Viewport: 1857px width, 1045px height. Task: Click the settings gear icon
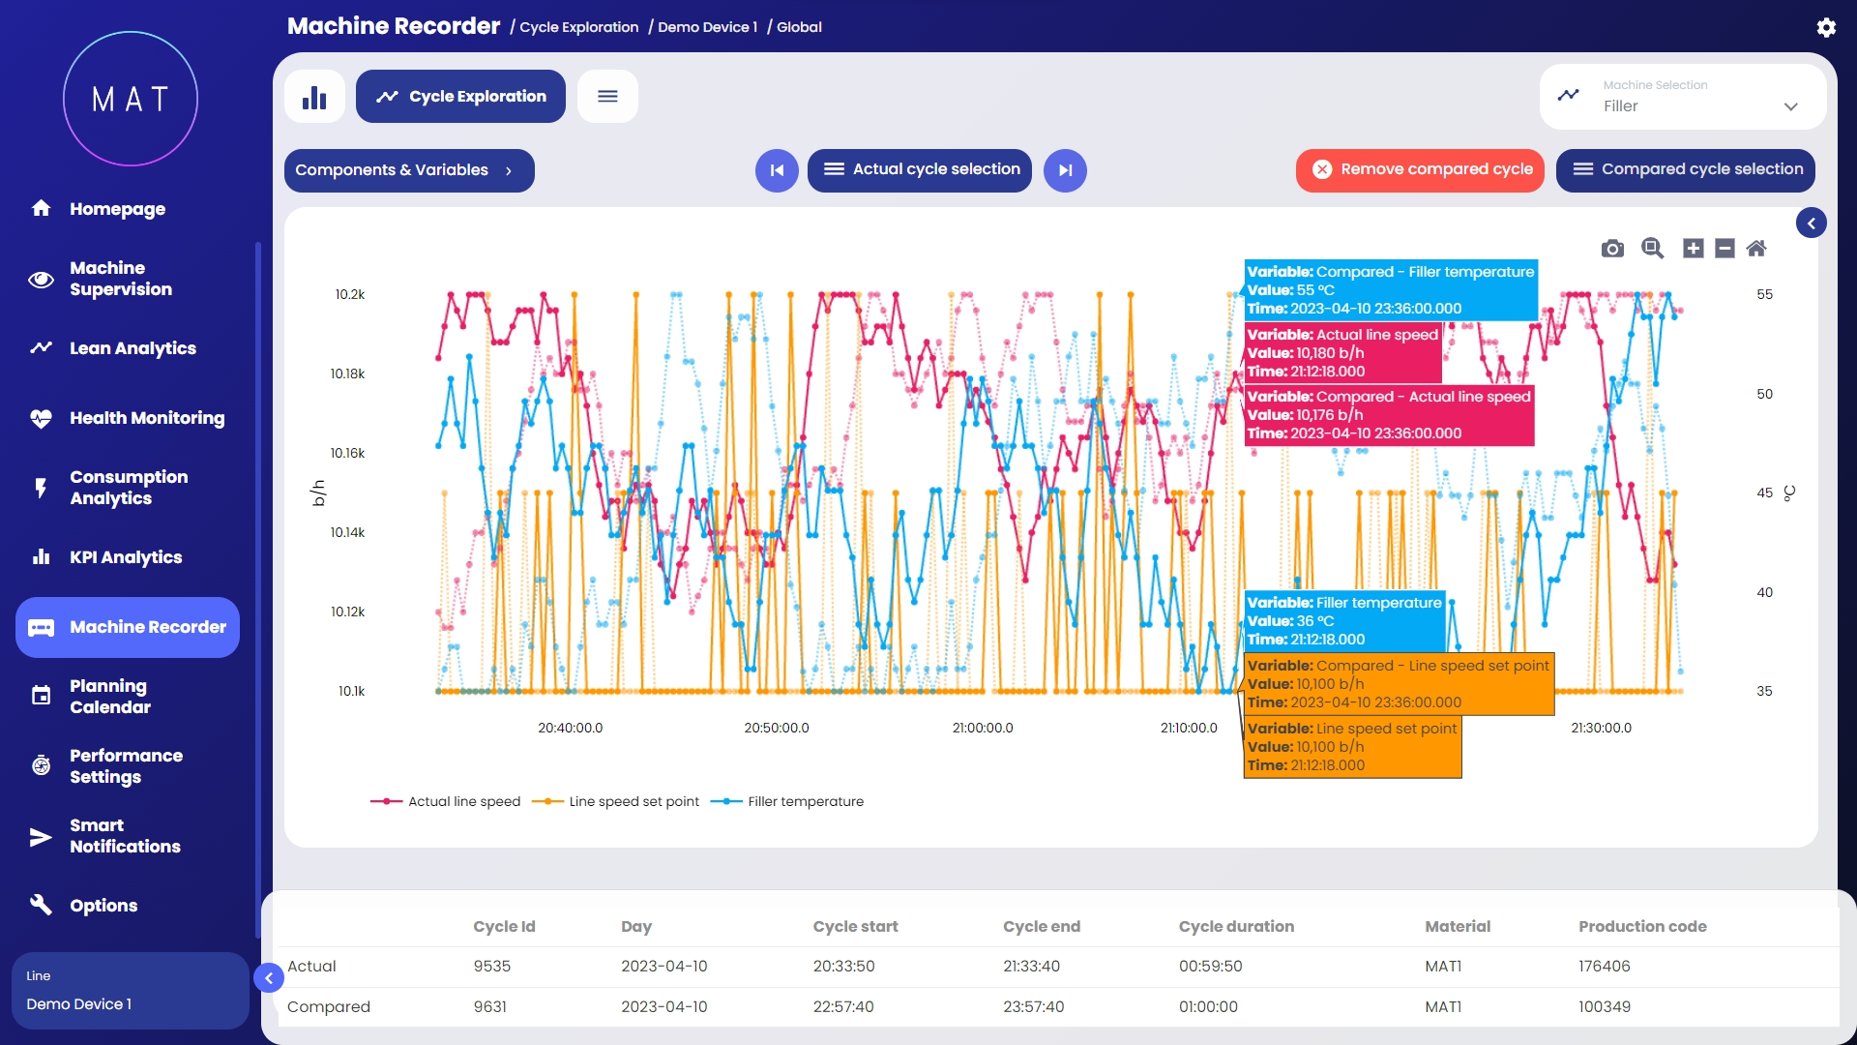pyautogui.click(x=1826, y=27)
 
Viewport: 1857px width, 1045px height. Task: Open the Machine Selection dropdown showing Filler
pyautogui.click(x=1683, y=97)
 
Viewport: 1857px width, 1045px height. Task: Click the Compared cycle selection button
pyautogui.click(x=1686, y=169)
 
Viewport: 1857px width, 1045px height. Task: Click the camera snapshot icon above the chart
pyautogui.click(x=1612, y=249)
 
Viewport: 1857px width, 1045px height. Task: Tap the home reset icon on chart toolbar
pyautogui.click(x=1756, y=249)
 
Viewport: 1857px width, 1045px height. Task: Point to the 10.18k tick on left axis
pyautogui.click(x=347, y=373)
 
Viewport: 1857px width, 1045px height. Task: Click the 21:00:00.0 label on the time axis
pyautogui.click(x=983, y=728)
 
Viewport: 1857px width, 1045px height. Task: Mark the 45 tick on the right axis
pyautogui.click(x=1764, y=493)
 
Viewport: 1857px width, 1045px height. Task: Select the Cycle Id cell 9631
pyautogui.click(x=490, y=1006)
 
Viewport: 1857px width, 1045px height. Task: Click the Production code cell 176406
pyautogui.click(x=1605, y=966)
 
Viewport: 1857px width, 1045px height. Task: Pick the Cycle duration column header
pyautogui.click(x=1236, y=926)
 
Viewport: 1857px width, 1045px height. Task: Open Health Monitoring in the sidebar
pyautogui.click(x=146, y=418)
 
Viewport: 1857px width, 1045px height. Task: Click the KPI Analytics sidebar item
pyautogui.click(x=126, y=557)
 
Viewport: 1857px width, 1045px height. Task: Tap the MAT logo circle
pyautogui.click(x=131, y=99)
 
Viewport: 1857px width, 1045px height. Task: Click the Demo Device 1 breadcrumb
pyautogui.click(x=707, y=27)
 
